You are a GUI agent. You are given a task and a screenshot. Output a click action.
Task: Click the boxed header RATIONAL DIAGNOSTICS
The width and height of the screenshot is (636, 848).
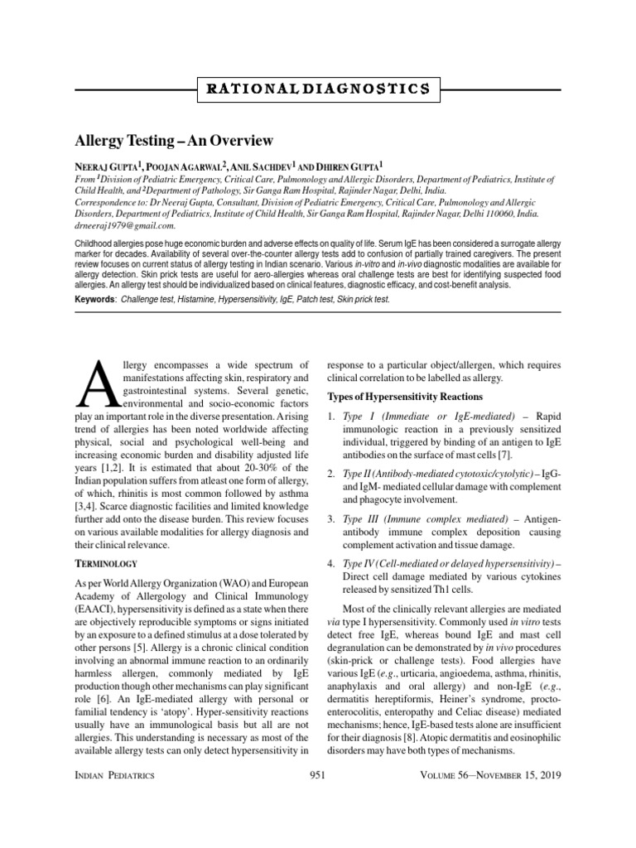[x=318, y=88]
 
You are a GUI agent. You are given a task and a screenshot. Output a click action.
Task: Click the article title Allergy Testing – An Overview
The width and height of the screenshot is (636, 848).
[x=175, y=140]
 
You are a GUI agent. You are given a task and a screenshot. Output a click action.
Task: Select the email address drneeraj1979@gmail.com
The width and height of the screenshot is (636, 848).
[x=124, y=224]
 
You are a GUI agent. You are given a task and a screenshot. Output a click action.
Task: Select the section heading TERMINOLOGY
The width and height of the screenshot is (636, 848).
[x=101, y=563]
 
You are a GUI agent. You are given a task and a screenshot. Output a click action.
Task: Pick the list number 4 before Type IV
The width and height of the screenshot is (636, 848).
[x=332, y=563]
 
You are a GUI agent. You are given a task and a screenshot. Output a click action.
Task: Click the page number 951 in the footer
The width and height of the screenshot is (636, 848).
[x=318, y=774]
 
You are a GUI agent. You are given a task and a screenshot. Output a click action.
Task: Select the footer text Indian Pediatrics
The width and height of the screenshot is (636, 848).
[x=116, y=774]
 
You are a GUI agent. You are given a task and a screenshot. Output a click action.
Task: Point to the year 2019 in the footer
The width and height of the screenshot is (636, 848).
[x=548, y=774]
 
